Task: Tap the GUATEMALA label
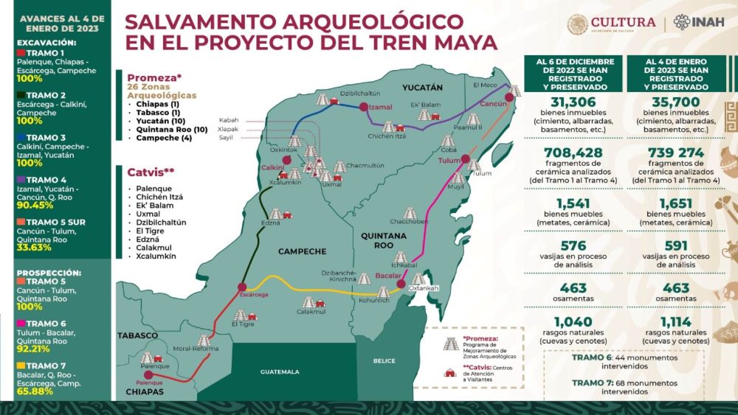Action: [280, 372]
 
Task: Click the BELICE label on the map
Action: [384, 361]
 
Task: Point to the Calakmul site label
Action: [311, 312]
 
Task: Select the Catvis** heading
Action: [151, 172]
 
